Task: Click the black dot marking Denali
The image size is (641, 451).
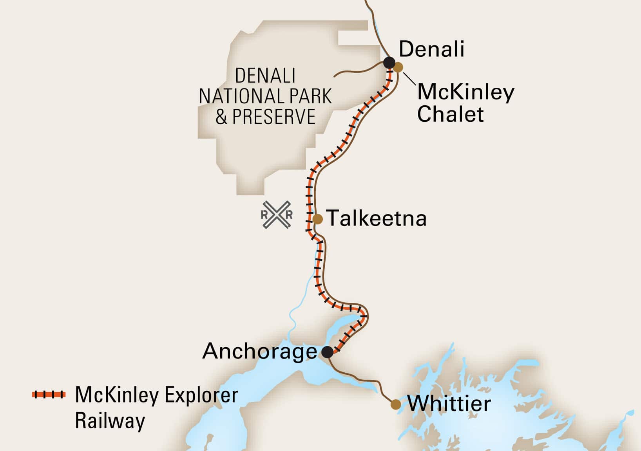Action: [389, 63]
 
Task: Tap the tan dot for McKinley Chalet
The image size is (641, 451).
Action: [398, 67]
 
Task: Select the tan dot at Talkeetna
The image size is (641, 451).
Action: [318, 219]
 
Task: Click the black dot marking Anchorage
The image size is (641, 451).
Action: [328, 352]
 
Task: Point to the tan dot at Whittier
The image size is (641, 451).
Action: [396, 404]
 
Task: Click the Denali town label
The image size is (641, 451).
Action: [431, 50]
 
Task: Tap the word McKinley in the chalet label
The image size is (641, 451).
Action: [465, 92]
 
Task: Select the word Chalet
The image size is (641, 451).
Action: [450, 114]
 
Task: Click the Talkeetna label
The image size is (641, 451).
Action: [377, 218]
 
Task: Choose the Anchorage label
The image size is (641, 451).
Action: [259, 351]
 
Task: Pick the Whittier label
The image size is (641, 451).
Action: [449, 404]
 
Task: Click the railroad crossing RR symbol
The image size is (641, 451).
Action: [277, 215]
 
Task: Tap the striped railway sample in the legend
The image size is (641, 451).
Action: [49, 394]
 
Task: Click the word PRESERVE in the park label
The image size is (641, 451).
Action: [274, 117]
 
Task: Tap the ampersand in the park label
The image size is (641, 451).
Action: [221, 117]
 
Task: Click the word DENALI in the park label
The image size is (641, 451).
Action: [265, 76]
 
